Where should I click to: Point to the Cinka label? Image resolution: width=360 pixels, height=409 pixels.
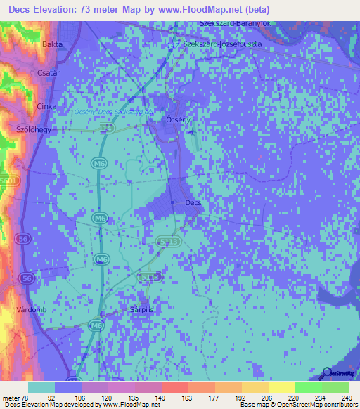pyautogui.click(x=46, y=106)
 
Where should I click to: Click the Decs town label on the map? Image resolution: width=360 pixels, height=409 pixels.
pyautogui.click(x=193, y=203)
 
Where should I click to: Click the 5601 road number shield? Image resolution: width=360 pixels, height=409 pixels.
pyautogui.click(x=10, y=181)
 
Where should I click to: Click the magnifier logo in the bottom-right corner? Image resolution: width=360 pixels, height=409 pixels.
pyautogui.click(x=325, y=373)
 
